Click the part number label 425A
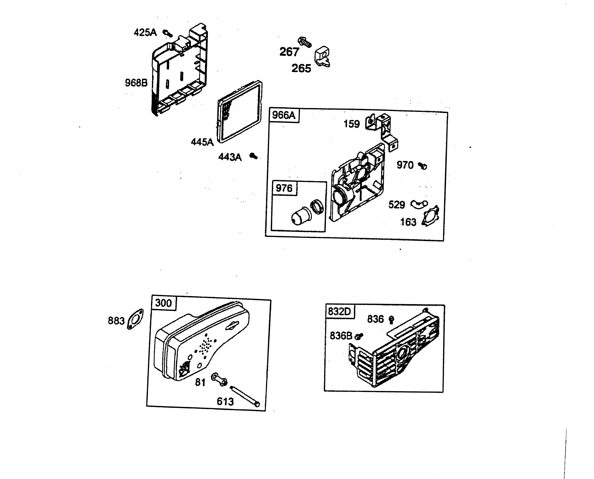click(x=145, y=32)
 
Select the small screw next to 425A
click(x=167, y=33)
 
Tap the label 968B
click(x=136, y=83)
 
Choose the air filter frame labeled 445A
click(x=239, y=112)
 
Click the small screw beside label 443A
click(x=253, y=156)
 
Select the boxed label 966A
click(x=283, y=115)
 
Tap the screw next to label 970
click(x=422, y=166)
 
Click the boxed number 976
click(x=284, y=188)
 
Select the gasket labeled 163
click(x=430, y=217)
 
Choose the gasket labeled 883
click(x=135, y=319)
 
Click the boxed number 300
click(x=164, y=303)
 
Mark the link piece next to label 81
click(x=219, y=379)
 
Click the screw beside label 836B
click(x=359, y=336)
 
